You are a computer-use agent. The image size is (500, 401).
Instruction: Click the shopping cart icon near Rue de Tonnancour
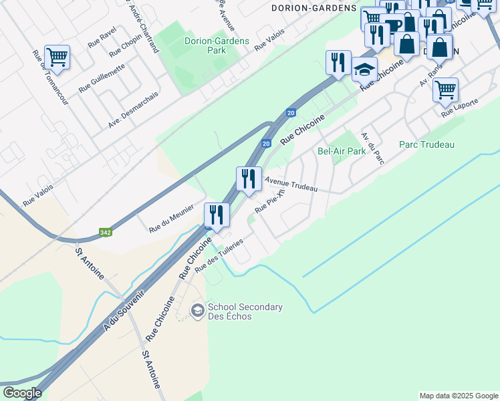57,57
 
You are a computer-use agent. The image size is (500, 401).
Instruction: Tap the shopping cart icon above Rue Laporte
445,90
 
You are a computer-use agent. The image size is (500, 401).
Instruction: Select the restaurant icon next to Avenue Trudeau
249,179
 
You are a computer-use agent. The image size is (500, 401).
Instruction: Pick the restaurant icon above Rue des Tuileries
217,215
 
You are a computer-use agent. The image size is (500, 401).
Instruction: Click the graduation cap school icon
364,70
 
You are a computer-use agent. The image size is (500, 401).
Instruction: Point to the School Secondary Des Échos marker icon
197,310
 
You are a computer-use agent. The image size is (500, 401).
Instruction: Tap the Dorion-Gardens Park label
217,45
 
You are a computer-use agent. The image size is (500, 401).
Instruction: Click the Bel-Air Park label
342,151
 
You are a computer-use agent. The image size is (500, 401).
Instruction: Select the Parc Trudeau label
426,144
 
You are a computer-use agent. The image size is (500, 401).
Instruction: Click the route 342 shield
105,233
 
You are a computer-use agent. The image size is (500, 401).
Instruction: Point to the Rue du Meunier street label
170,219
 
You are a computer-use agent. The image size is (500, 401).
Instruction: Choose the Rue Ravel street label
102,37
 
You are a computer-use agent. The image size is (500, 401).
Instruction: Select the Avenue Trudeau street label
291,184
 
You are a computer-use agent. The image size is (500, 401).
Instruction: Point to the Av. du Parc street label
372,146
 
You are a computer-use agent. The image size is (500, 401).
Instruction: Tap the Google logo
22,393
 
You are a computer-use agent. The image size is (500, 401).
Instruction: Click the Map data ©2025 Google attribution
458,396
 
